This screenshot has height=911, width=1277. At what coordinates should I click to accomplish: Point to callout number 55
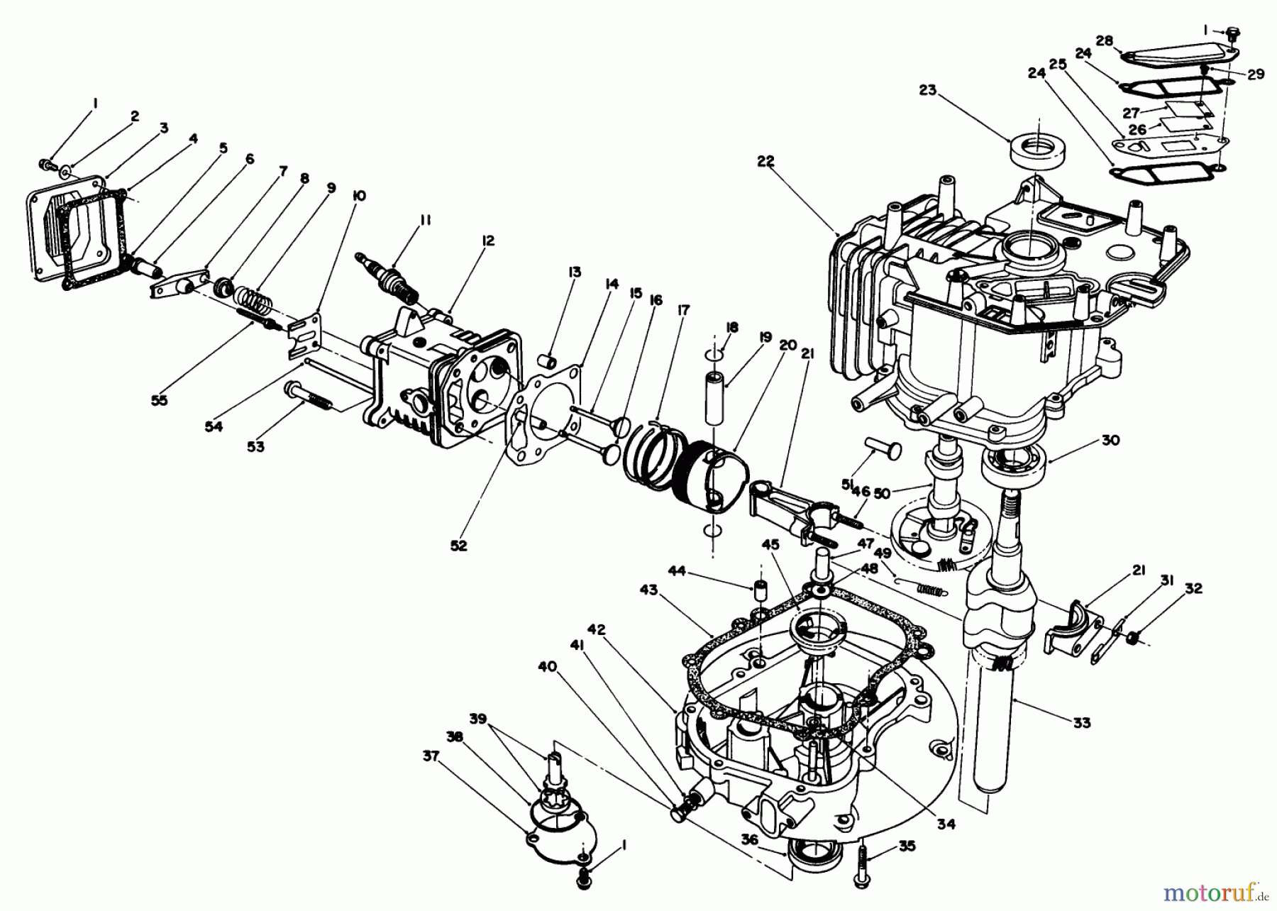[160, 400]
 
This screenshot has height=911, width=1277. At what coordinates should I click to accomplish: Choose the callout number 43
[648, 590]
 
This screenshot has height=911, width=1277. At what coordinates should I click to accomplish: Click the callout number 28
[1104, 40]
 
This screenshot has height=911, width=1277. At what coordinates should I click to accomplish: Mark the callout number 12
[487, 241]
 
